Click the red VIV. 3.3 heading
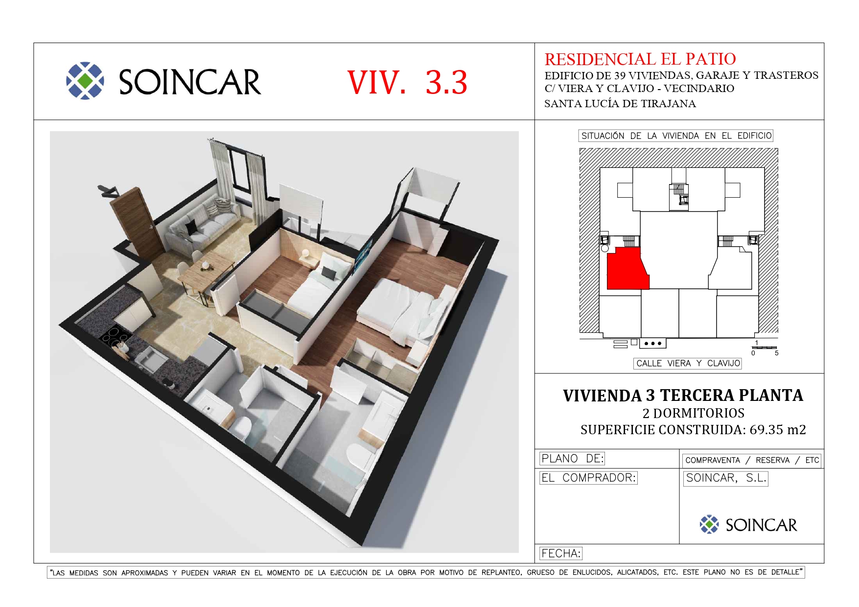407,82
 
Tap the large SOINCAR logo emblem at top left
85,81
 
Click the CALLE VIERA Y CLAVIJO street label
688,363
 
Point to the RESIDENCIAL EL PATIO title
640,59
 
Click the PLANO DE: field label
572,459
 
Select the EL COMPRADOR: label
588,478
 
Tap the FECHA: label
561,554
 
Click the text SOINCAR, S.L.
726,478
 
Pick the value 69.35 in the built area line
766,430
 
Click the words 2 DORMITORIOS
694,413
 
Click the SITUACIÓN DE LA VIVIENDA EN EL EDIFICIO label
676,136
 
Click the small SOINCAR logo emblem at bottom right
709,524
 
